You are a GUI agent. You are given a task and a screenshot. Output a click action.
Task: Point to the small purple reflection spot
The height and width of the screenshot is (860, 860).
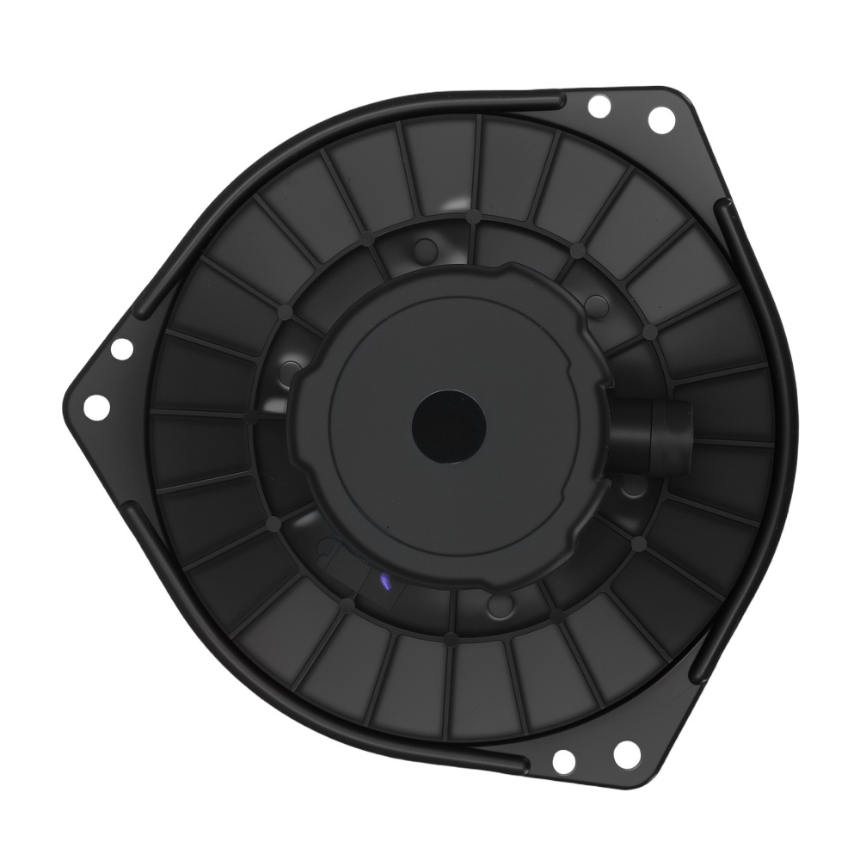coord(384,582)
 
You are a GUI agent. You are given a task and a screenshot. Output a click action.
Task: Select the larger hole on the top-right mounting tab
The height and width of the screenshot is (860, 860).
coord(660,120)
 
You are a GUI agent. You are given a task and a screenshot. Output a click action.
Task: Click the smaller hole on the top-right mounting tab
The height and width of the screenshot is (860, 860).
coord(598,107)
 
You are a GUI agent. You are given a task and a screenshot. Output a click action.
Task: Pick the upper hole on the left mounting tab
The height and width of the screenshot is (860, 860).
coord(121,350)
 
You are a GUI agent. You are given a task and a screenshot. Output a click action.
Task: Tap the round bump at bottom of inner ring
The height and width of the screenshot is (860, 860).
coord(496,605)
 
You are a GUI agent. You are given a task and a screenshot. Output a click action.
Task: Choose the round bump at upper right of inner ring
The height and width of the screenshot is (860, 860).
coord(592,303)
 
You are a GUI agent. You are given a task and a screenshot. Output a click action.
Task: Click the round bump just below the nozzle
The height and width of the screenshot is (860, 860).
coord(635,488)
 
